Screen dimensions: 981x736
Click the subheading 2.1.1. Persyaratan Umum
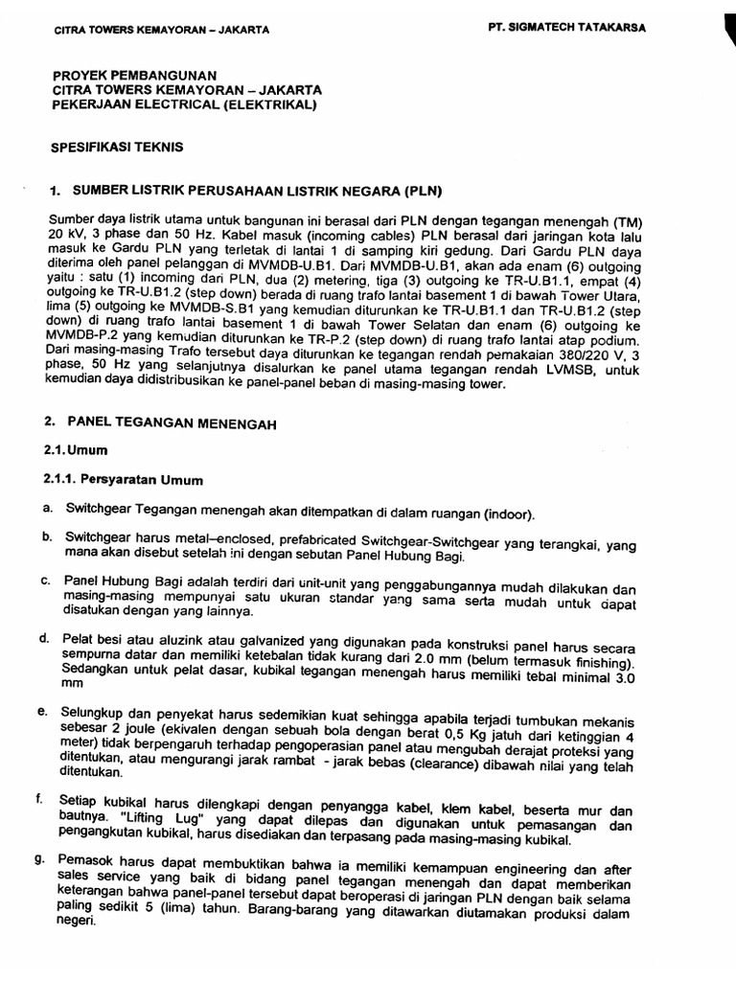(x=123, y=479)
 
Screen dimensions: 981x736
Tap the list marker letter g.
(x=45, y=859)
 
